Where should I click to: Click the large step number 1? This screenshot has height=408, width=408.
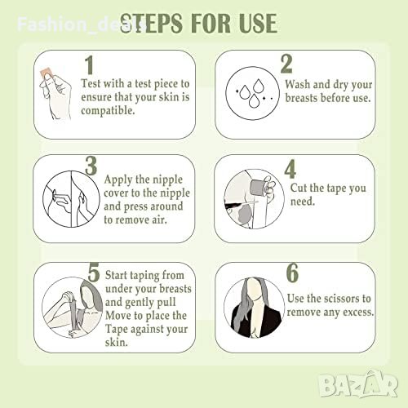coord(90,65)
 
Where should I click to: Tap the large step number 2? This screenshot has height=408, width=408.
coord(286,64)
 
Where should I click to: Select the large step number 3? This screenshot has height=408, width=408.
coord(91,166)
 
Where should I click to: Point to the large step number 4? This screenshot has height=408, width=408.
coord(290,169)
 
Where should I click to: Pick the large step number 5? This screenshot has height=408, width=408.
coord(94,273)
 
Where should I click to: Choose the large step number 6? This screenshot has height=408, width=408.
coord(292,273)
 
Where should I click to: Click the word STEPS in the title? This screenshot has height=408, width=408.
coord(151,24)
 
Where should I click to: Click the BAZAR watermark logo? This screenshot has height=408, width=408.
coord(358,384)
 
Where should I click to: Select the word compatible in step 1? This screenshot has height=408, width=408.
coord(108,110)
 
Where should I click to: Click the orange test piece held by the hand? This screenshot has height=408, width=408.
coord(45,73)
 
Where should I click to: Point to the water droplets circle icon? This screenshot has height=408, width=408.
coord(253,93)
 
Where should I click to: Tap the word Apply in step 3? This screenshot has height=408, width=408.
coord(118,180)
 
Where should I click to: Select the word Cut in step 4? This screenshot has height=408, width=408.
coord(299,188)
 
